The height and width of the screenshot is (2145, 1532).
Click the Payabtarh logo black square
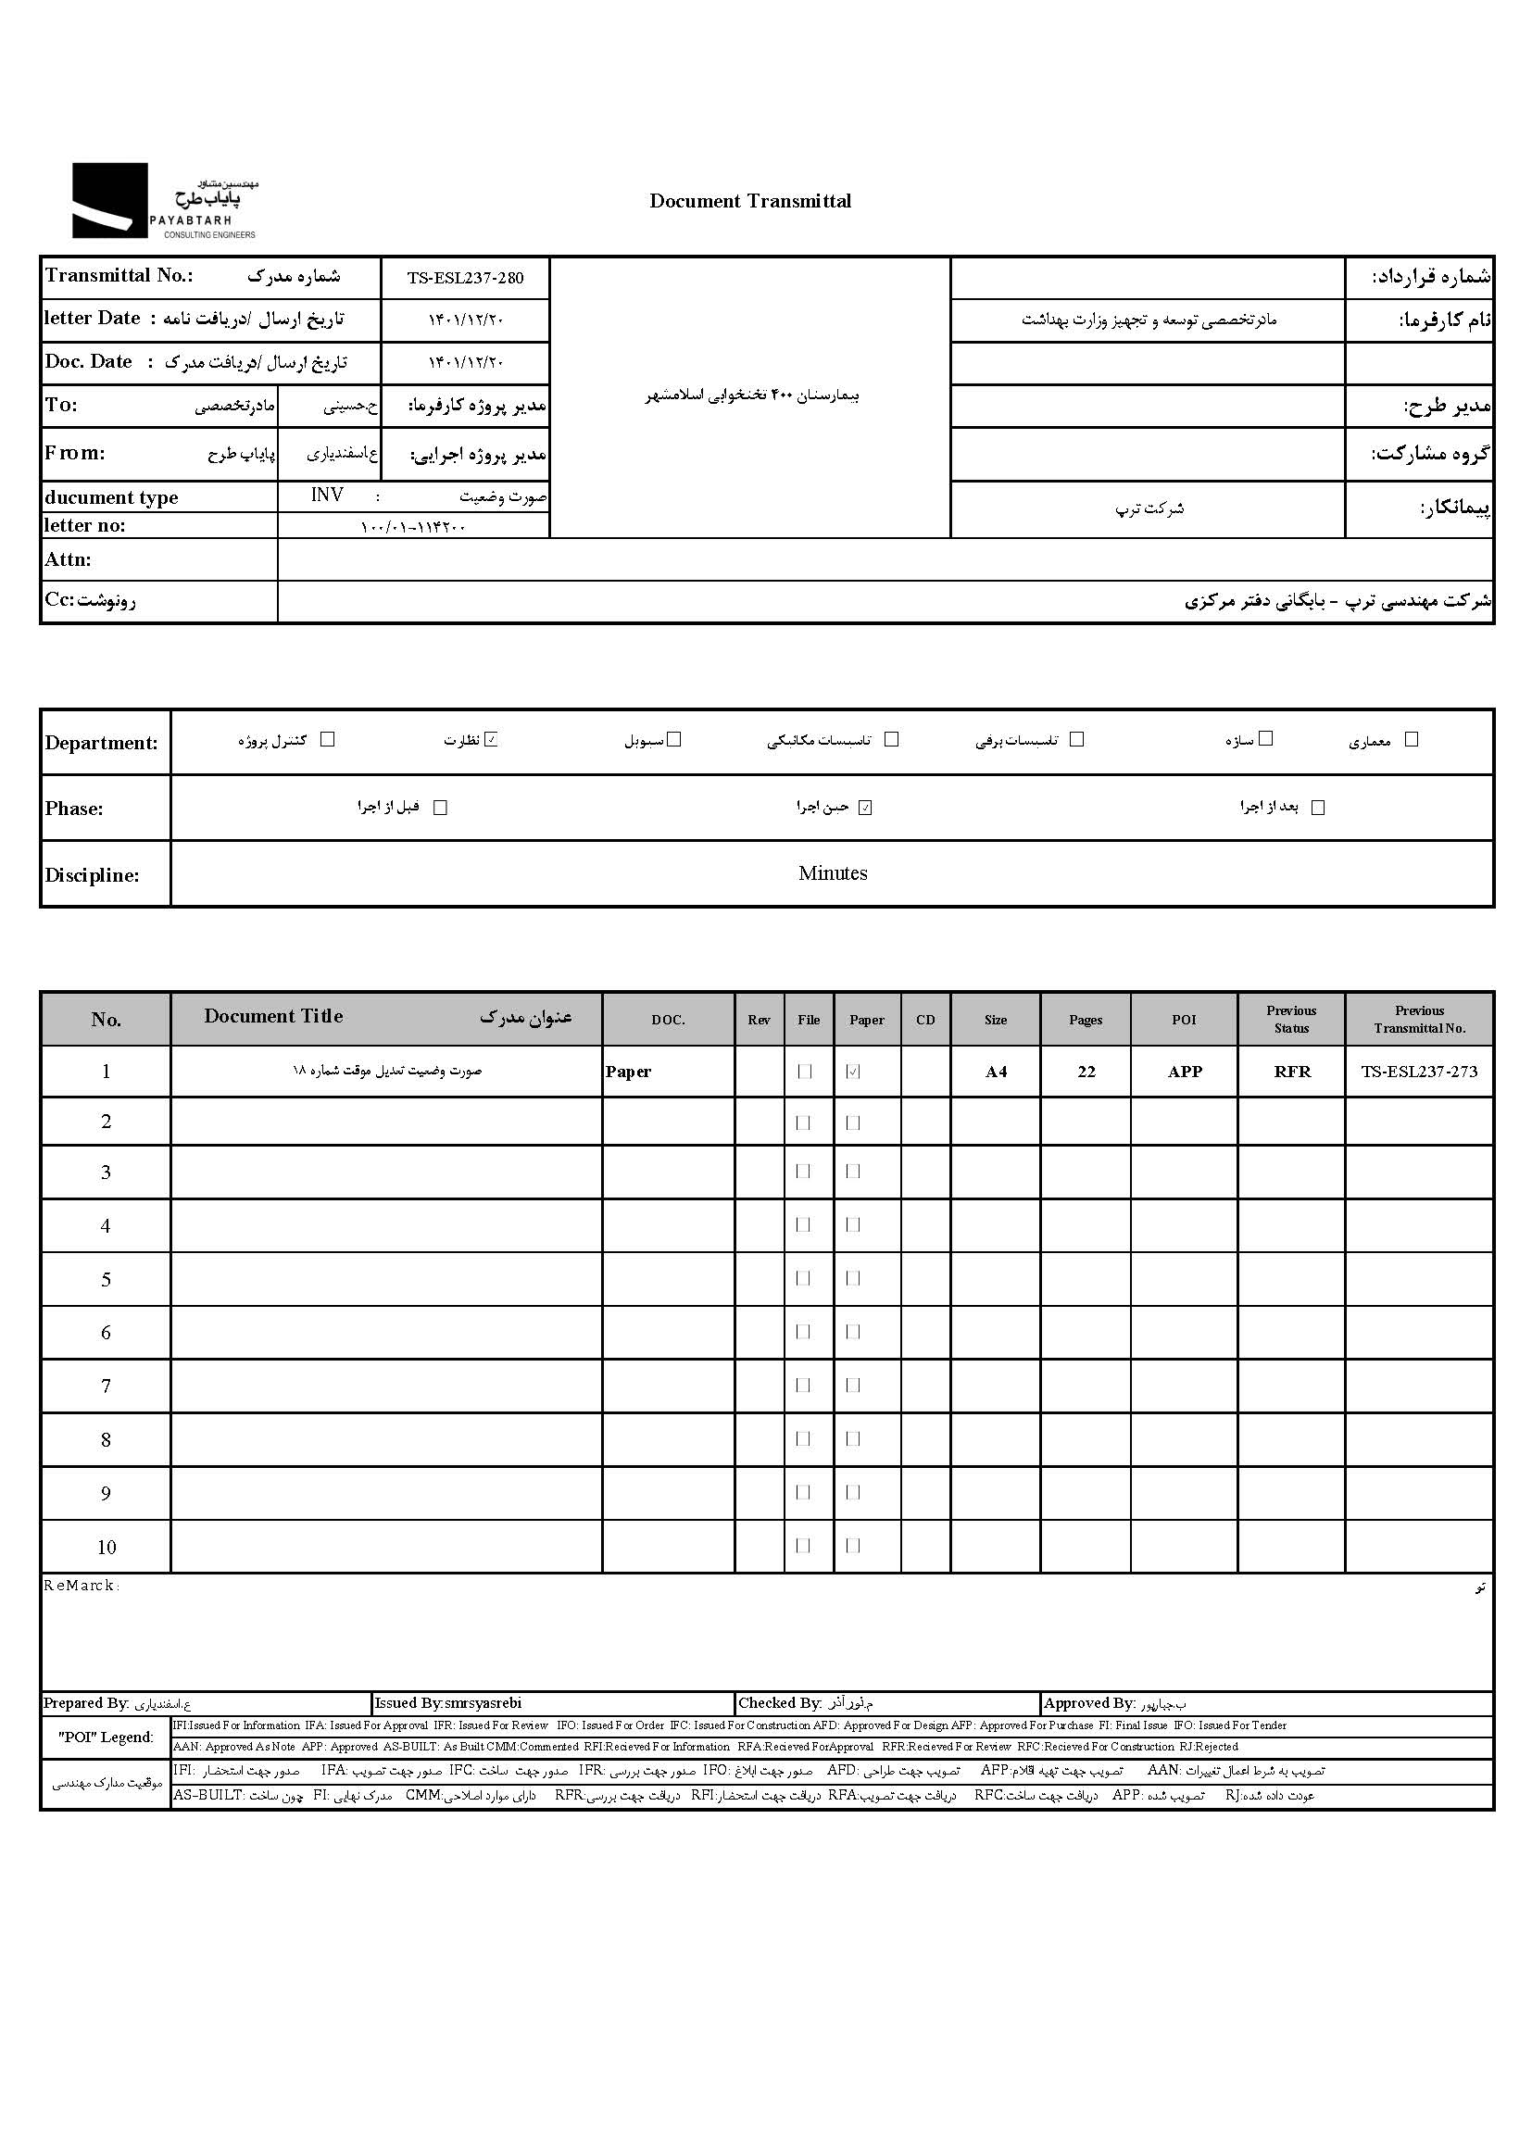[109, 200]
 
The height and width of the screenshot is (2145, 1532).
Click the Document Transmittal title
[750, 201]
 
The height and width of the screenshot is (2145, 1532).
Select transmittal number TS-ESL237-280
[465, 277]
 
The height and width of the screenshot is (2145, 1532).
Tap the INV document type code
[327, 495]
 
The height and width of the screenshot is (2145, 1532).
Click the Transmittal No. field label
[119, 275]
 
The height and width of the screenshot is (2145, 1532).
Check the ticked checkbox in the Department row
[491, 739]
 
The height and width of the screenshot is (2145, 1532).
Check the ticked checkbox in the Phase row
[865, 808]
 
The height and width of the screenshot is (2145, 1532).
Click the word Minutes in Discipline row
[832, 873]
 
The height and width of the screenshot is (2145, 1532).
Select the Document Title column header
[273, 1017]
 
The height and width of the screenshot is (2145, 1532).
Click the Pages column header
[1085, 1020]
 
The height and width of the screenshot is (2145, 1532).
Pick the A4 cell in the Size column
[997, 1072]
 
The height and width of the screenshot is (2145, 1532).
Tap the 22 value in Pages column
[1086, 1072]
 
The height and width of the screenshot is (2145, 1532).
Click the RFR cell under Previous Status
[1291, 1072]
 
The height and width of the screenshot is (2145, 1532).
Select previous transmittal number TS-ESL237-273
[1419, 1072]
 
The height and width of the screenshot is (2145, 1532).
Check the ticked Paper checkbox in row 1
[854, 1072]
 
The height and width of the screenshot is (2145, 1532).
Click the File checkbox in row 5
[804, 1279]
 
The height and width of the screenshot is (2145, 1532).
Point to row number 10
[106, 1548]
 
